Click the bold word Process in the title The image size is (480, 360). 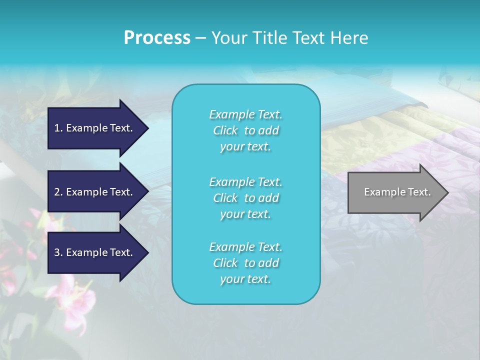pyautogui.click(x=157, y=38)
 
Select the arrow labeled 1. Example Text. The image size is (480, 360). pyautogui.click(x=95, y=128)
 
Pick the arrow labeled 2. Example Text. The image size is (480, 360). pyautogui.click(x=95, y=192)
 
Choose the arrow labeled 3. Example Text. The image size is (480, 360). pyautogui.click(x=95, y=252)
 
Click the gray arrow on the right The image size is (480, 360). pyautogui.click(x=395, y=192)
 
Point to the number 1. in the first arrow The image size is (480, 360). pyautogui.click(x=58, y=128)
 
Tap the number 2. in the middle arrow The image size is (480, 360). pyautogui.click(x=58, y=192)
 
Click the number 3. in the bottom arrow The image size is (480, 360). pyautogui.click(x=58, y=252)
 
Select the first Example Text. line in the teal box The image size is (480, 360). pyautogui.click(x=245, y=114)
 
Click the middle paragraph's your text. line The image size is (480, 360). pyautogui.click(x=245, y=214)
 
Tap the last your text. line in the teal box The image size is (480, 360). pyautogui.click(x=245, y=279)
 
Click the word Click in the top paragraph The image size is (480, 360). pyautogui.click(x=225, y=130)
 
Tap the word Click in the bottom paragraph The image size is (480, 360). pyautogui.click(x=225, y=263)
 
